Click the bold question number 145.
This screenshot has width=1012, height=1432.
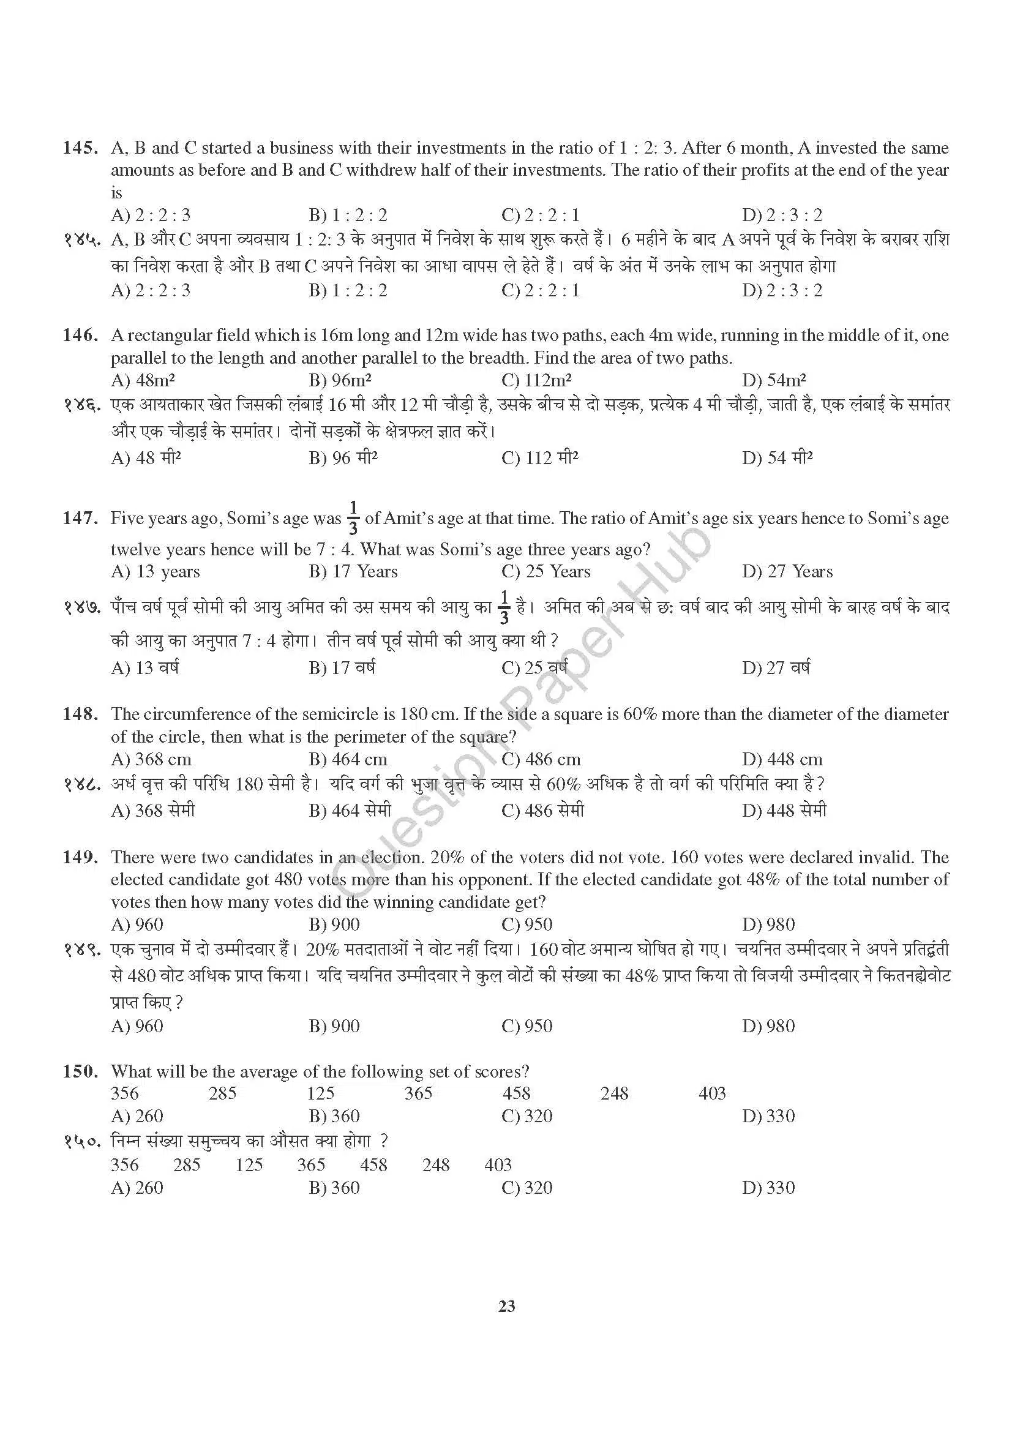click(x=80, y=148)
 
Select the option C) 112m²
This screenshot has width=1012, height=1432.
click(x=537, y=380)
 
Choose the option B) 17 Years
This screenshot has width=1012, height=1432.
click(x=353, y=571)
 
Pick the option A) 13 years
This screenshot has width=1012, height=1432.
click(x=156, y=571)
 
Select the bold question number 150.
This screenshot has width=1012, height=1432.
click(x=80, y=1071)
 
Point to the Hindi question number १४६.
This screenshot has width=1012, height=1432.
click(x=80, y=405)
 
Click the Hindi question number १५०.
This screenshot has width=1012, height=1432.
click(x=80, y=1141)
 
